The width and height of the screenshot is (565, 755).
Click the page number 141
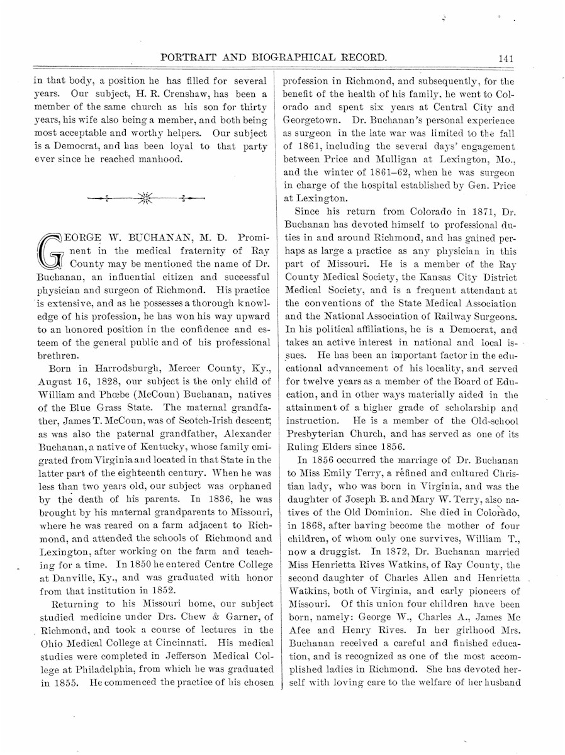tap(506, 58)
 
